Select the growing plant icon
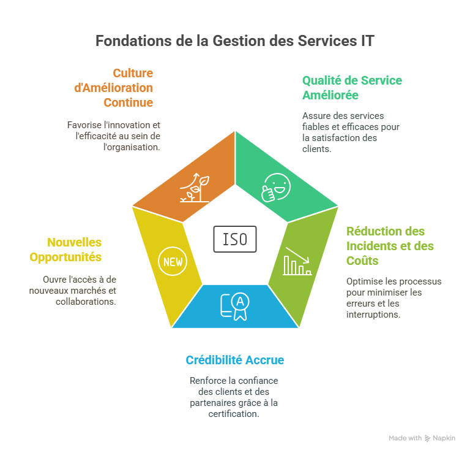click(195, 188)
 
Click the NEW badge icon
click(172, 262)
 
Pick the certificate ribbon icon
click(235, 305)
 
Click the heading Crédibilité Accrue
click(234, 360)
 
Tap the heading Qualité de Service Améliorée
click(352, 88)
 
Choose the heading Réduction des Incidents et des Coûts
click(390, 246)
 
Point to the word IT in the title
click(366, 41)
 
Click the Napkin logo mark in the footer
click(427, 438)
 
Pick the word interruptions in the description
click(372, 315)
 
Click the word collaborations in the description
click(90, 301)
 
